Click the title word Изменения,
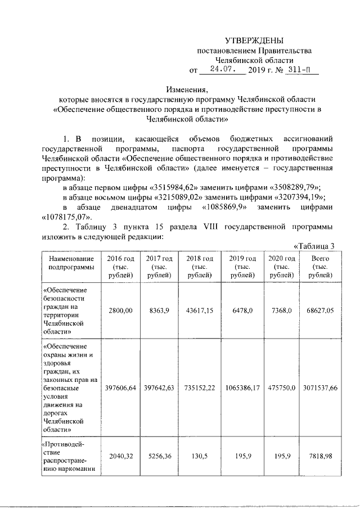click(187, 89)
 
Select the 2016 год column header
click(121, 267)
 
